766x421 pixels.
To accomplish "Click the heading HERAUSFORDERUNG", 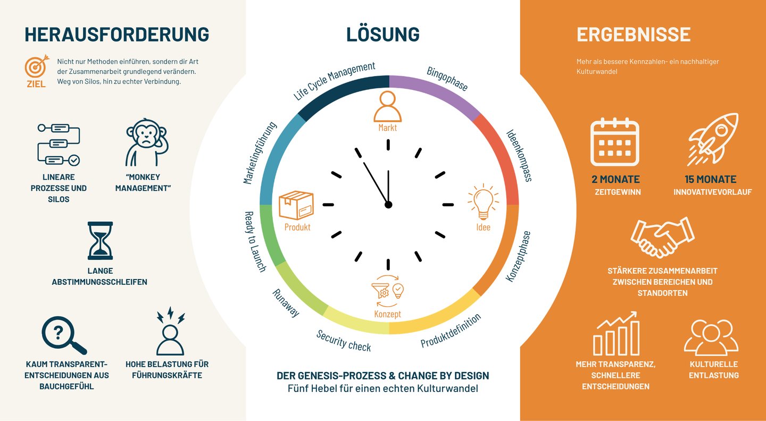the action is [116, 35].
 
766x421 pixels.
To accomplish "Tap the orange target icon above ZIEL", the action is [37, 66].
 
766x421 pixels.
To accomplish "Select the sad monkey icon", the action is [146, 142].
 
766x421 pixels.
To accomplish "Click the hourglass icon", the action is [100, 241].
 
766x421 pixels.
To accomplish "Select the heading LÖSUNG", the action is [382, 35].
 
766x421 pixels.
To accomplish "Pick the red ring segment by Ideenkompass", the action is [502, 155].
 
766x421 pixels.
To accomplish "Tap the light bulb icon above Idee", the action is [483, 202].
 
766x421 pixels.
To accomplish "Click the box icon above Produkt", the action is [296, 205].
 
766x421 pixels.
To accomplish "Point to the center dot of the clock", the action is [388, 205].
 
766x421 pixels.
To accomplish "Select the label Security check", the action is [343, 341].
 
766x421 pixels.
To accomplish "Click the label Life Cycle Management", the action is [334, 81].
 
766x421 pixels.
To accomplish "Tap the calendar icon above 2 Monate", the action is [615, 142].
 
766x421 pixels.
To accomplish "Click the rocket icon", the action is [713, 139].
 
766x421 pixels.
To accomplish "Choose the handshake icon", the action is [662, 238].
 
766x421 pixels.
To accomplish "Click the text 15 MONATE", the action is [710, 180].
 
